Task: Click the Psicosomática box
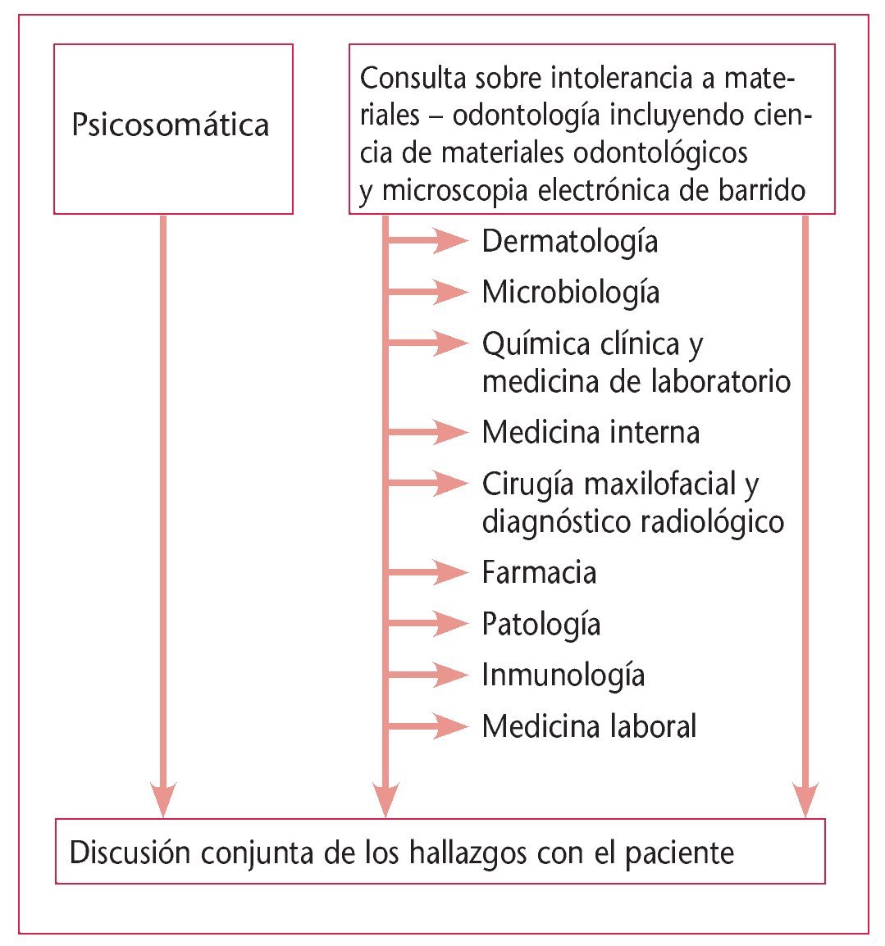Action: [173, 129]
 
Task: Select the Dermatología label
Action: [570, 241]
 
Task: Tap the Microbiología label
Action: [571, 292]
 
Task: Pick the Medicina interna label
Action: [591, 432]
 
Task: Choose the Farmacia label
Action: [539, 572]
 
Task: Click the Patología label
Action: [541, 625]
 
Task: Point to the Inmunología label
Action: [563, 675]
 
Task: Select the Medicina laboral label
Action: [589, 726]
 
